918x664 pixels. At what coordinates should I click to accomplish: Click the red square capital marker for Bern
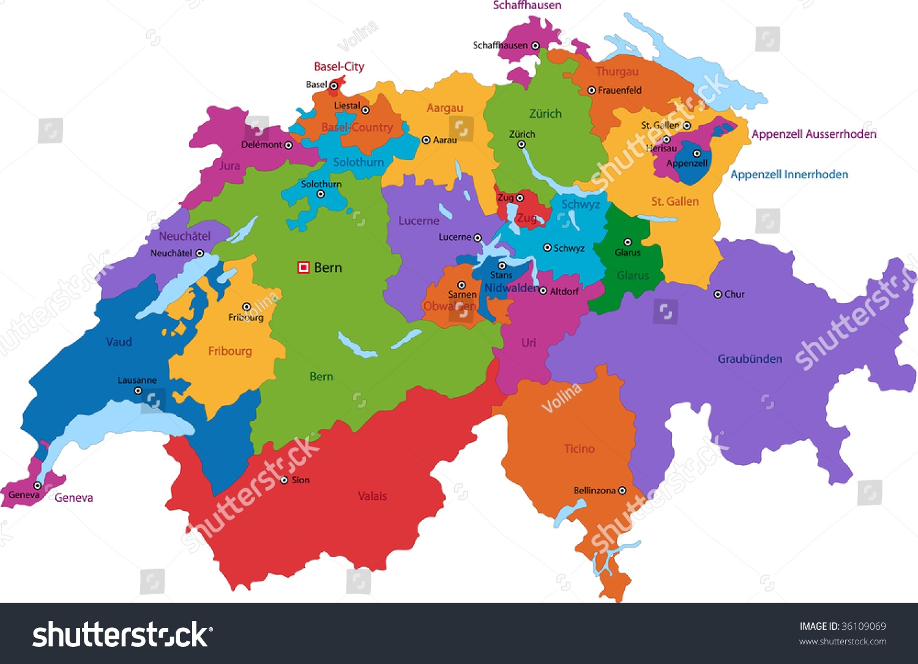pyautogui.click(x=303, y=267)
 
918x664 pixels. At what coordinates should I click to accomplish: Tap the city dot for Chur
pyautogui.click(x=718, y=294)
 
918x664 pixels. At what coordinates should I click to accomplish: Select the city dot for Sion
pyautogui.click(x=284, y=480)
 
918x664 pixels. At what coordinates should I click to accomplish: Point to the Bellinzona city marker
pyautogui.click(x=622, y=491)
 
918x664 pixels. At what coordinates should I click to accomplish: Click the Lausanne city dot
pyautogui.click(x=138, y=391)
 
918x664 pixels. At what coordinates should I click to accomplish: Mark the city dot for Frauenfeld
pyautogui.click(x=591, y=90)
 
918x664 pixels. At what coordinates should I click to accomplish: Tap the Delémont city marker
pyautogui.click(x=288, y=145)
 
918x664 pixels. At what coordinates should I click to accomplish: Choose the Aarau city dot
pyautogui.click(x=427, y=140)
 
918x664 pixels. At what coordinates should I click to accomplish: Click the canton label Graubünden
pyautogui.click(x=750, y=359)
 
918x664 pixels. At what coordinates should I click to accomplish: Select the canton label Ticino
pyautogui.click(x=579, y=449)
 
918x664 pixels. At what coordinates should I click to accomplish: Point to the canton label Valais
pyautogui.click(x=372, y=496)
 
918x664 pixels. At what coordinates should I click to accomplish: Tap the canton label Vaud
pyautogui.click(x=119, y=342)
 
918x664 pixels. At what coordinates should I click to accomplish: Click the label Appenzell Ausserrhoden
pyautogui.click(x=813, y=134)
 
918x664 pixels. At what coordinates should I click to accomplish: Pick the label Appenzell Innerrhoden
pyautogui.click(x=789, y=175)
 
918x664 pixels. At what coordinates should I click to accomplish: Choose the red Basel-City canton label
pyautogui.click(x=338, y=67)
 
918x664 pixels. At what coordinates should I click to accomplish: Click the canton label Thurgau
pyautogui.click(x=617, y=72)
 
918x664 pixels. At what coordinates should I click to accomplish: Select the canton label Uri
pyautogui.click(x=529, y=343)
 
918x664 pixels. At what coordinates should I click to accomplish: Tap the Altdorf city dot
pyautogui.click(x=543, y=291)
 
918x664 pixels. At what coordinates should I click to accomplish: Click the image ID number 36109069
pyautogui.click(x=864, y=626)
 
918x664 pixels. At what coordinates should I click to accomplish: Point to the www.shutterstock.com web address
pyautogui.click(x=842, y=641)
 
